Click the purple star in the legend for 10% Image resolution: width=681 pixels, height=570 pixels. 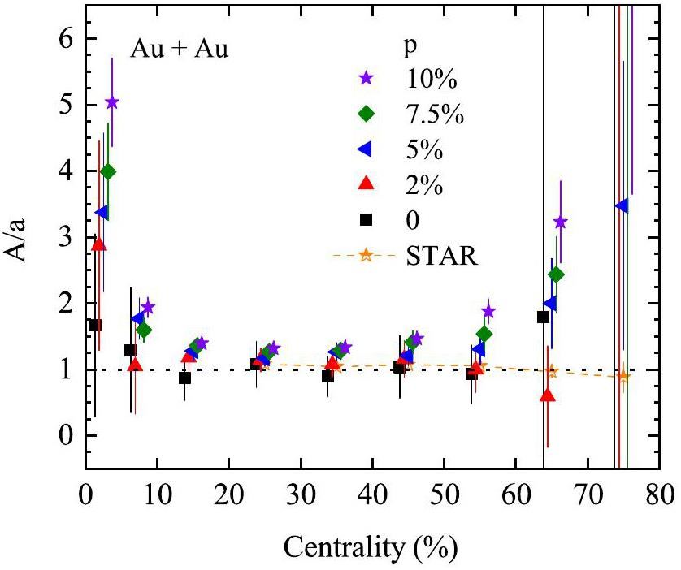pos(366,79)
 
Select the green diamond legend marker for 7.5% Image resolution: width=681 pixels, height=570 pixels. pos(366,114)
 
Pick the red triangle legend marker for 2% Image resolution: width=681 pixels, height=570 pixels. pos(366,184)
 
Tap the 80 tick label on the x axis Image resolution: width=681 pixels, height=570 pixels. pos(660,494)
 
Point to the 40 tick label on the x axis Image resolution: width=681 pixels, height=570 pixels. pos(372,494)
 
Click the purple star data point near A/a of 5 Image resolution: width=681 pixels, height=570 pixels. pos(112,102)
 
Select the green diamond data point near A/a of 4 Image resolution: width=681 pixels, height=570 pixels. pos(107,171)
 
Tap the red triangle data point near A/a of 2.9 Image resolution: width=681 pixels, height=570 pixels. pos(99,244)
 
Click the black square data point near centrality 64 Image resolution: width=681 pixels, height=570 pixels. pos(544,317)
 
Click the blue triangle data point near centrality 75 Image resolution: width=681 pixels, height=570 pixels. pos(622,206)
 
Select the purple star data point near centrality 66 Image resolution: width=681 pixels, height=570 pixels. pos(560,222)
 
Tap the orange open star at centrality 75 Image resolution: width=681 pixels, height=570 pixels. pos(623,376)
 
